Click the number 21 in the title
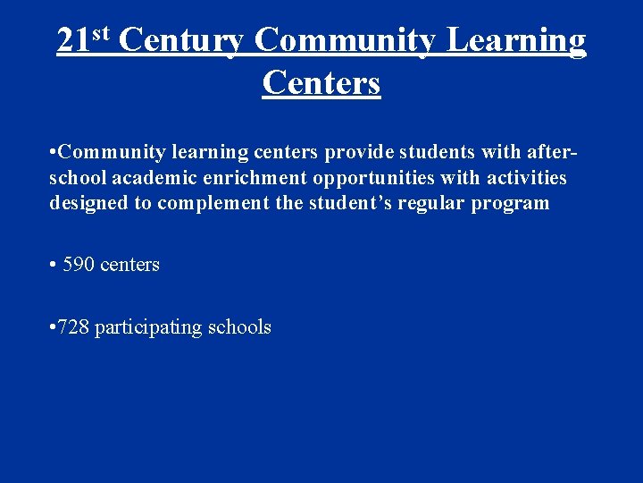coord(73,41)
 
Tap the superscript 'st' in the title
coord(100,34)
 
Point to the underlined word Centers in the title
coord(321,82)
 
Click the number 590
coord(79,264)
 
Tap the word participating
coord(147,327)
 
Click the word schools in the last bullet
coord(238,326)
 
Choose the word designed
coord(89,203)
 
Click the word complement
coord(213,203)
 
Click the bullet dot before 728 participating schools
coord(54,327)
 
